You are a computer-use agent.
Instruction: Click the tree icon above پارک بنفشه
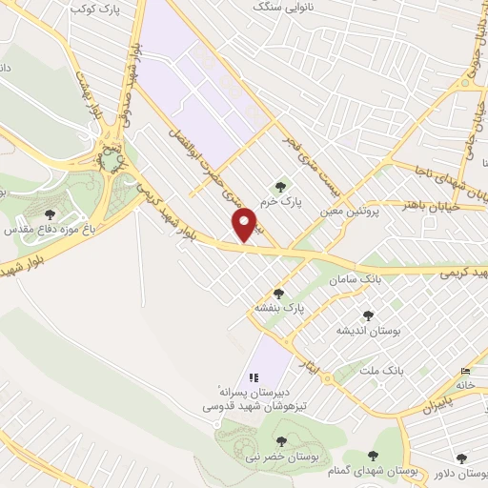click(279, 294)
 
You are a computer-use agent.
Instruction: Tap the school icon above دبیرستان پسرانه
click(254, 378)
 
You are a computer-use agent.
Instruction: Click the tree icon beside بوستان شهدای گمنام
click(376, 459)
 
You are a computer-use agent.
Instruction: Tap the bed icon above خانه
click(465, 371)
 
